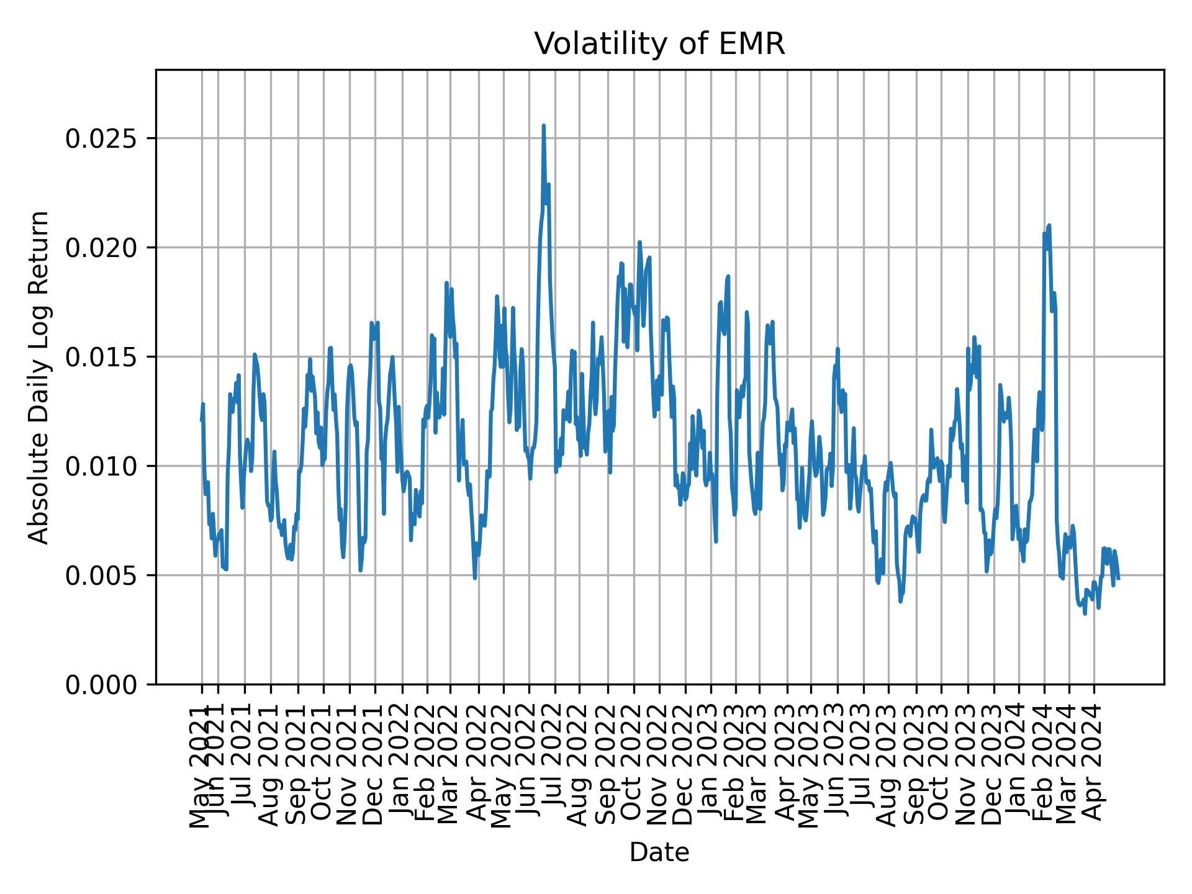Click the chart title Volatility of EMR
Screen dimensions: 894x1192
tap(659, 44)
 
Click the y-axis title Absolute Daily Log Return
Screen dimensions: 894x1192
tap(40, 377)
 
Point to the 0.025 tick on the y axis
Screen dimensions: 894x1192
tap(102, 138)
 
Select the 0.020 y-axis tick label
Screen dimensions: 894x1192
tap(102, 248)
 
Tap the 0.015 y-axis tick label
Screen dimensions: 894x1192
tap(102, 357)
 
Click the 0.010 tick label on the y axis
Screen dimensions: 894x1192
tap(102, 466)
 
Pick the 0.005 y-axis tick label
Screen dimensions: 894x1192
tap(102, 576)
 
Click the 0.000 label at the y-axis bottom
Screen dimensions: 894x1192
tap(102, 685)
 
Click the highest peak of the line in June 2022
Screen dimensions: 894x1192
tap(543, 125)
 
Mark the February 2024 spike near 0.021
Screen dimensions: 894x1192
tap(1049, 225)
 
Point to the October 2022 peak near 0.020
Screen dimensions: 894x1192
tap(639, 242)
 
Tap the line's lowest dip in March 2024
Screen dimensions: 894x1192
tap(1085, 613)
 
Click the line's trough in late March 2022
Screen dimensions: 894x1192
tap(475, 578)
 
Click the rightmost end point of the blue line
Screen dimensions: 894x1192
tap(1119, 579)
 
